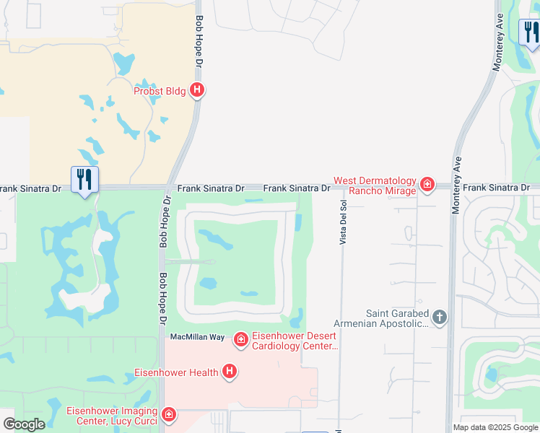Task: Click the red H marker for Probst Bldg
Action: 197,90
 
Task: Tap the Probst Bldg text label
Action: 160,91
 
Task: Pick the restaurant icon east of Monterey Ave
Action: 531,32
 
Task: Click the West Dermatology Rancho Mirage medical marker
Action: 427,185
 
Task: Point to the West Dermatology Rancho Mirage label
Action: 375,185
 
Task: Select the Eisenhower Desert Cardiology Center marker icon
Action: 240,338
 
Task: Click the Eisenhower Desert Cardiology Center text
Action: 295,341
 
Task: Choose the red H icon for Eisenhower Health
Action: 230,372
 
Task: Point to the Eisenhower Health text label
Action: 177,373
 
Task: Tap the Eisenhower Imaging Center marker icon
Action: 168,415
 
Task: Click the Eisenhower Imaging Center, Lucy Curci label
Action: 112,416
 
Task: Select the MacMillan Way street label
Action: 197,338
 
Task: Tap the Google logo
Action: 24,424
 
